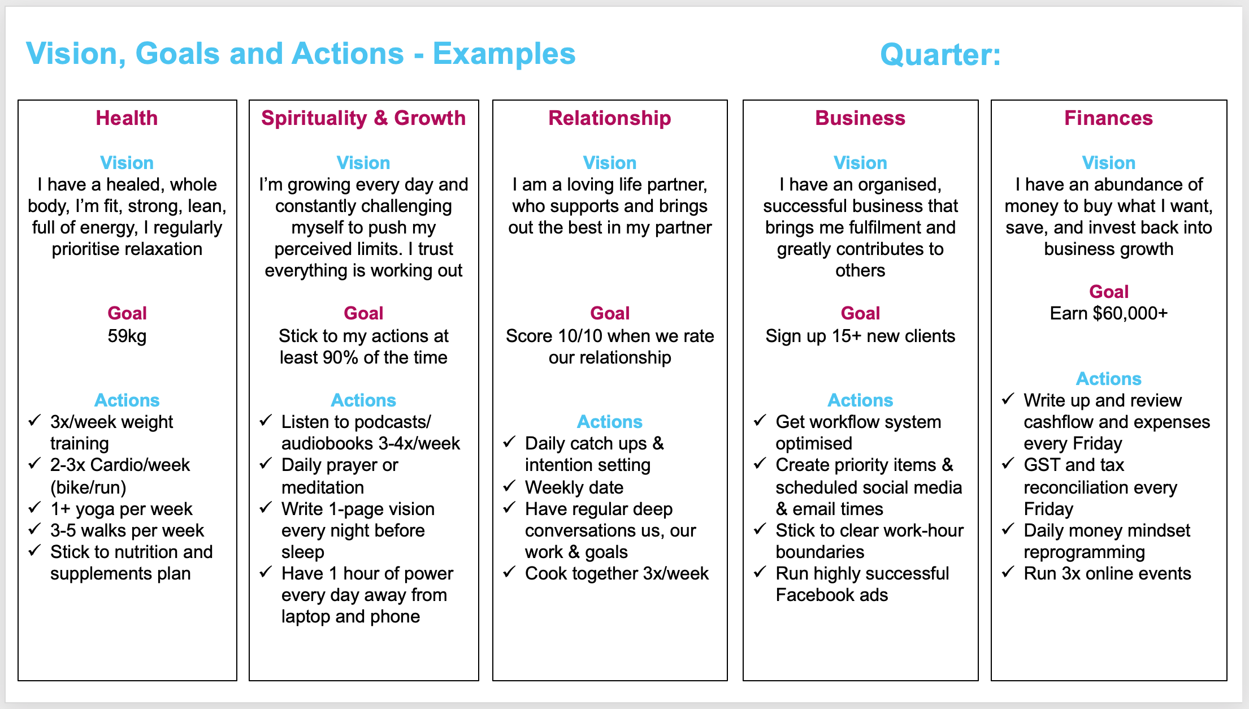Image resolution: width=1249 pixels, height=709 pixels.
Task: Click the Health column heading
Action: click(x=127, y=118)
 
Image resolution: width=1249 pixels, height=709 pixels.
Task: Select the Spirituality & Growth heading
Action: click(x=363, y=118)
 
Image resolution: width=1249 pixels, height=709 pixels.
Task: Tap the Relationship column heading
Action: click(x=610, y=118)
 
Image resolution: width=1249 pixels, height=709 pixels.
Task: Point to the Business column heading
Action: click(x=860, y=118)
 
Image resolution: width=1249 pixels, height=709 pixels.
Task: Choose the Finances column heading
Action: click(x=1108, y=118)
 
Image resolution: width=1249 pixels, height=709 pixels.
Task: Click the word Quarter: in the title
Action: click(x=940, y=55)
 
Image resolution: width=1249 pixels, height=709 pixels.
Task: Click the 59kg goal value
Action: click(x=127, y=336)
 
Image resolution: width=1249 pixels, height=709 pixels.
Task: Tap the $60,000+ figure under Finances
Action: click(x=1130, y=313)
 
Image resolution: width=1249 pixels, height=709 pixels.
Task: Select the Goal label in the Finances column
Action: click(x=1109, y=292)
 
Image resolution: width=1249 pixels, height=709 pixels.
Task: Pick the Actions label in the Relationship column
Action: click(x=610, y=422)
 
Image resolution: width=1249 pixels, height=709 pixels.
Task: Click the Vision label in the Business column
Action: click(x=860, y=163)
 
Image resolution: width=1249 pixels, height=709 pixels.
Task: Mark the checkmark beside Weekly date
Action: click(x=509, y=486)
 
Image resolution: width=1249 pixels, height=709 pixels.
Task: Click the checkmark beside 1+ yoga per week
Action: click(x=34, y=507)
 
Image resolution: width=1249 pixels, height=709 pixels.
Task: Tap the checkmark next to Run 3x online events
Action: click(x=1008, y=572)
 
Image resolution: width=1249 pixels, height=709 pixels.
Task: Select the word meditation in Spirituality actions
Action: click(x=323, y=487)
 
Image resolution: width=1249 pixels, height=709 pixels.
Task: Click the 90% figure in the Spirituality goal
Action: click(x=341, y=357)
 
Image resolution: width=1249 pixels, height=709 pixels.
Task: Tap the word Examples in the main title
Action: click(x=504, y=55)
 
